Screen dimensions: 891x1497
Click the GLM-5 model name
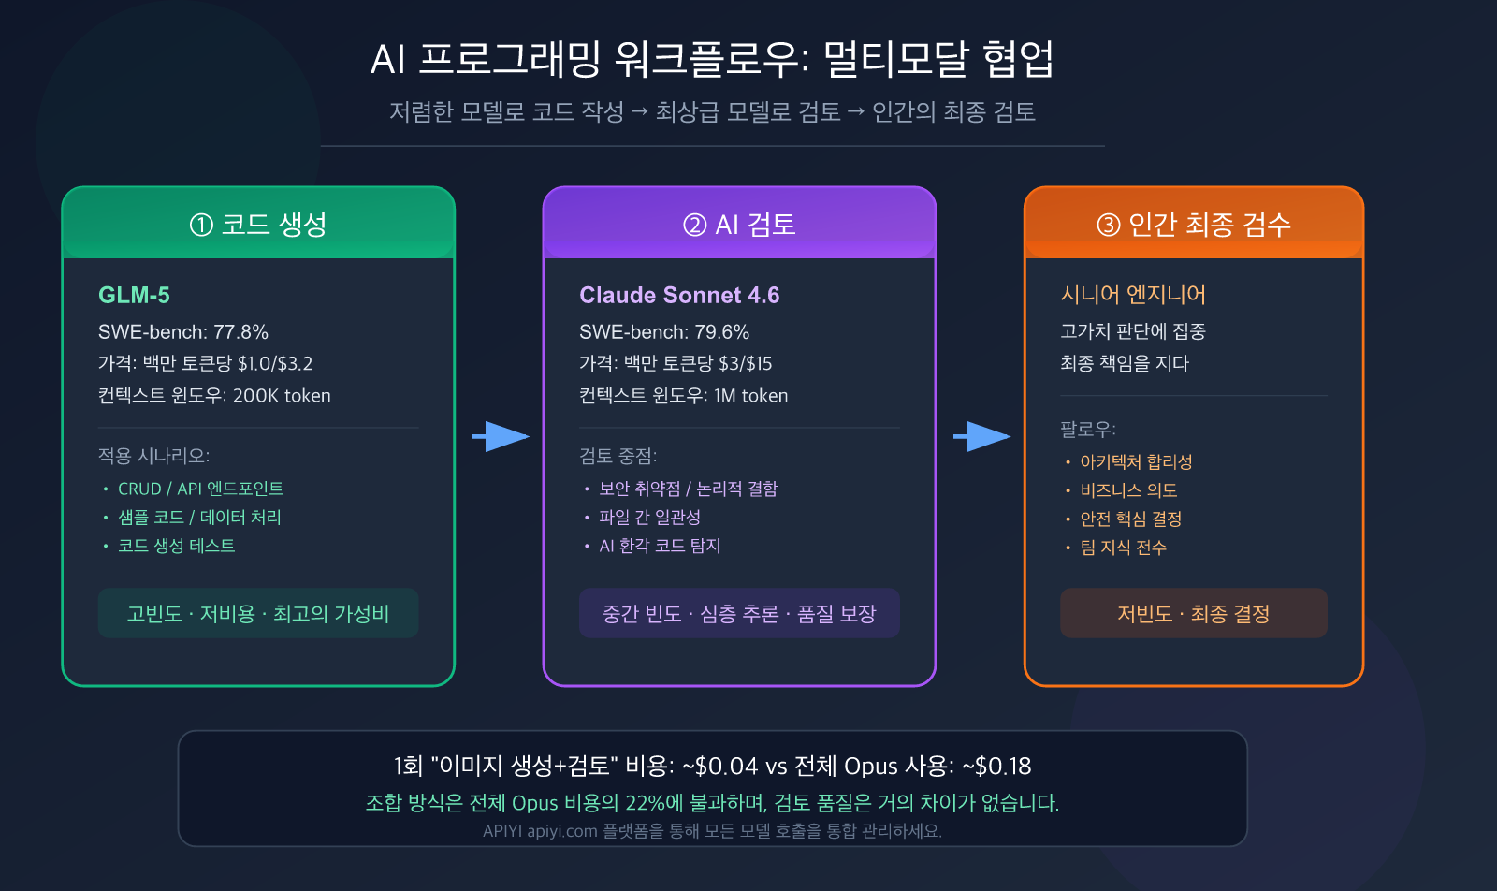[x=134, y=295]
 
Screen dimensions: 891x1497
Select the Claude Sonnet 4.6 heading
[x=679, y=295]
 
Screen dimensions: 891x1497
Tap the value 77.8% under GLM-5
[x=240, y=332]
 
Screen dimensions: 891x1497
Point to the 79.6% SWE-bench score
[x=721, y=332]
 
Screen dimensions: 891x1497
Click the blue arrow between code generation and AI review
[x=501, y=436]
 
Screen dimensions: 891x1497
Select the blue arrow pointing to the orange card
[x=981, y=436]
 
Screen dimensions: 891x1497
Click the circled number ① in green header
[x=201, y=225]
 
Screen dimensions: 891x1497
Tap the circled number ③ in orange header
[x=1108, y=225]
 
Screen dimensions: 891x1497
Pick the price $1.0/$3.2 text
[x=275, y=364]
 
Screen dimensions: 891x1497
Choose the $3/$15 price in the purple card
[x=745, y=364]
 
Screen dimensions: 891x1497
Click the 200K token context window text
[x=282, y=396]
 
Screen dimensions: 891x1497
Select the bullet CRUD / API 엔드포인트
[x=200, y=489]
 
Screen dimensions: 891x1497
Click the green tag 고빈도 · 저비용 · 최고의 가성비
[x=258, y=614]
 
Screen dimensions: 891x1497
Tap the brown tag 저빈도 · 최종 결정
[x=1193, y=614]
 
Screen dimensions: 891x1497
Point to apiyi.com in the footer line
[x=561, y=831]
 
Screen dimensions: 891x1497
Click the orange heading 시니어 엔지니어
[x=1133, y=295]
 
